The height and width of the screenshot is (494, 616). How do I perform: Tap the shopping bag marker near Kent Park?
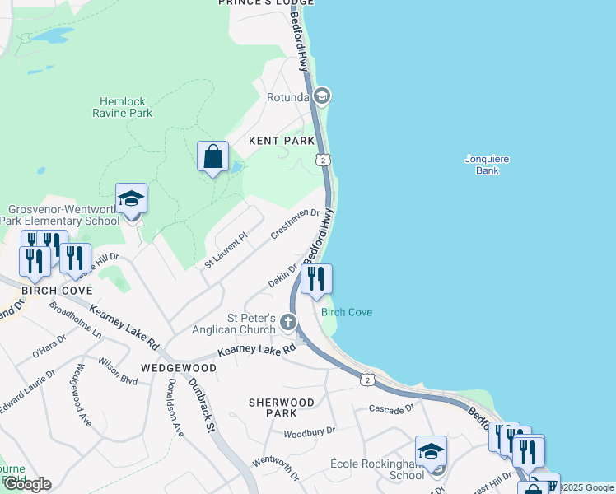(212, 156)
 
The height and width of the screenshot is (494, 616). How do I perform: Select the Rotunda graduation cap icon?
(322, 96)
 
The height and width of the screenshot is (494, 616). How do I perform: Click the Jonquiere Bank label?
(488, 165)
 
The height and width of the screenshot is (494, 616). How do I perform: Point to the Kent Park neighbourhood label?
(282, 142)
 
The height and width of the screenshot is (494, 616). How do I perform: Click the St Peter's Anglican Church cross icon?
(288, 322)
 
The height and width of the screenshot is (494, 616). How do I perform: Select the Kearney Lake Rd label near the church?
(256, 351)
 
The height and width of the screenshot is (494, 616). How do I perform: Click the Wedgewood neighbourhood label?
(178, 368)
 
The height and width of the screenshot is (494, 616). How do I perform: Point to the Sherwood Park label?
(282, 407)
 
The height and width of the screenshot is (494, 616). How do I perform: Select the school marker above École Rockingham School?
(431, 451)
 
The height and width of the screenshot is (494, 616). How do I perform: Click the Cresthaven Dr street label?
(295, 224)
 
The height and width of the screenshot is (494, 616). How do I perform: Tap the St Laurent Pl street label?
(226, 250)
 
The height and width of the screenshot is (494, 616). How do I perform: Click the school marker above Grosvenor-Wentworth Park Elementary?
(131, 198)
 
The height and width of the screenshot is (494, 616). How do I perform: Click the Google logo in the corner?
(27, 484)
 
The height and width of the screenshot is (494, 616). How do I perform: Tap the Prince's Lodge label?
(265, 3)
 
